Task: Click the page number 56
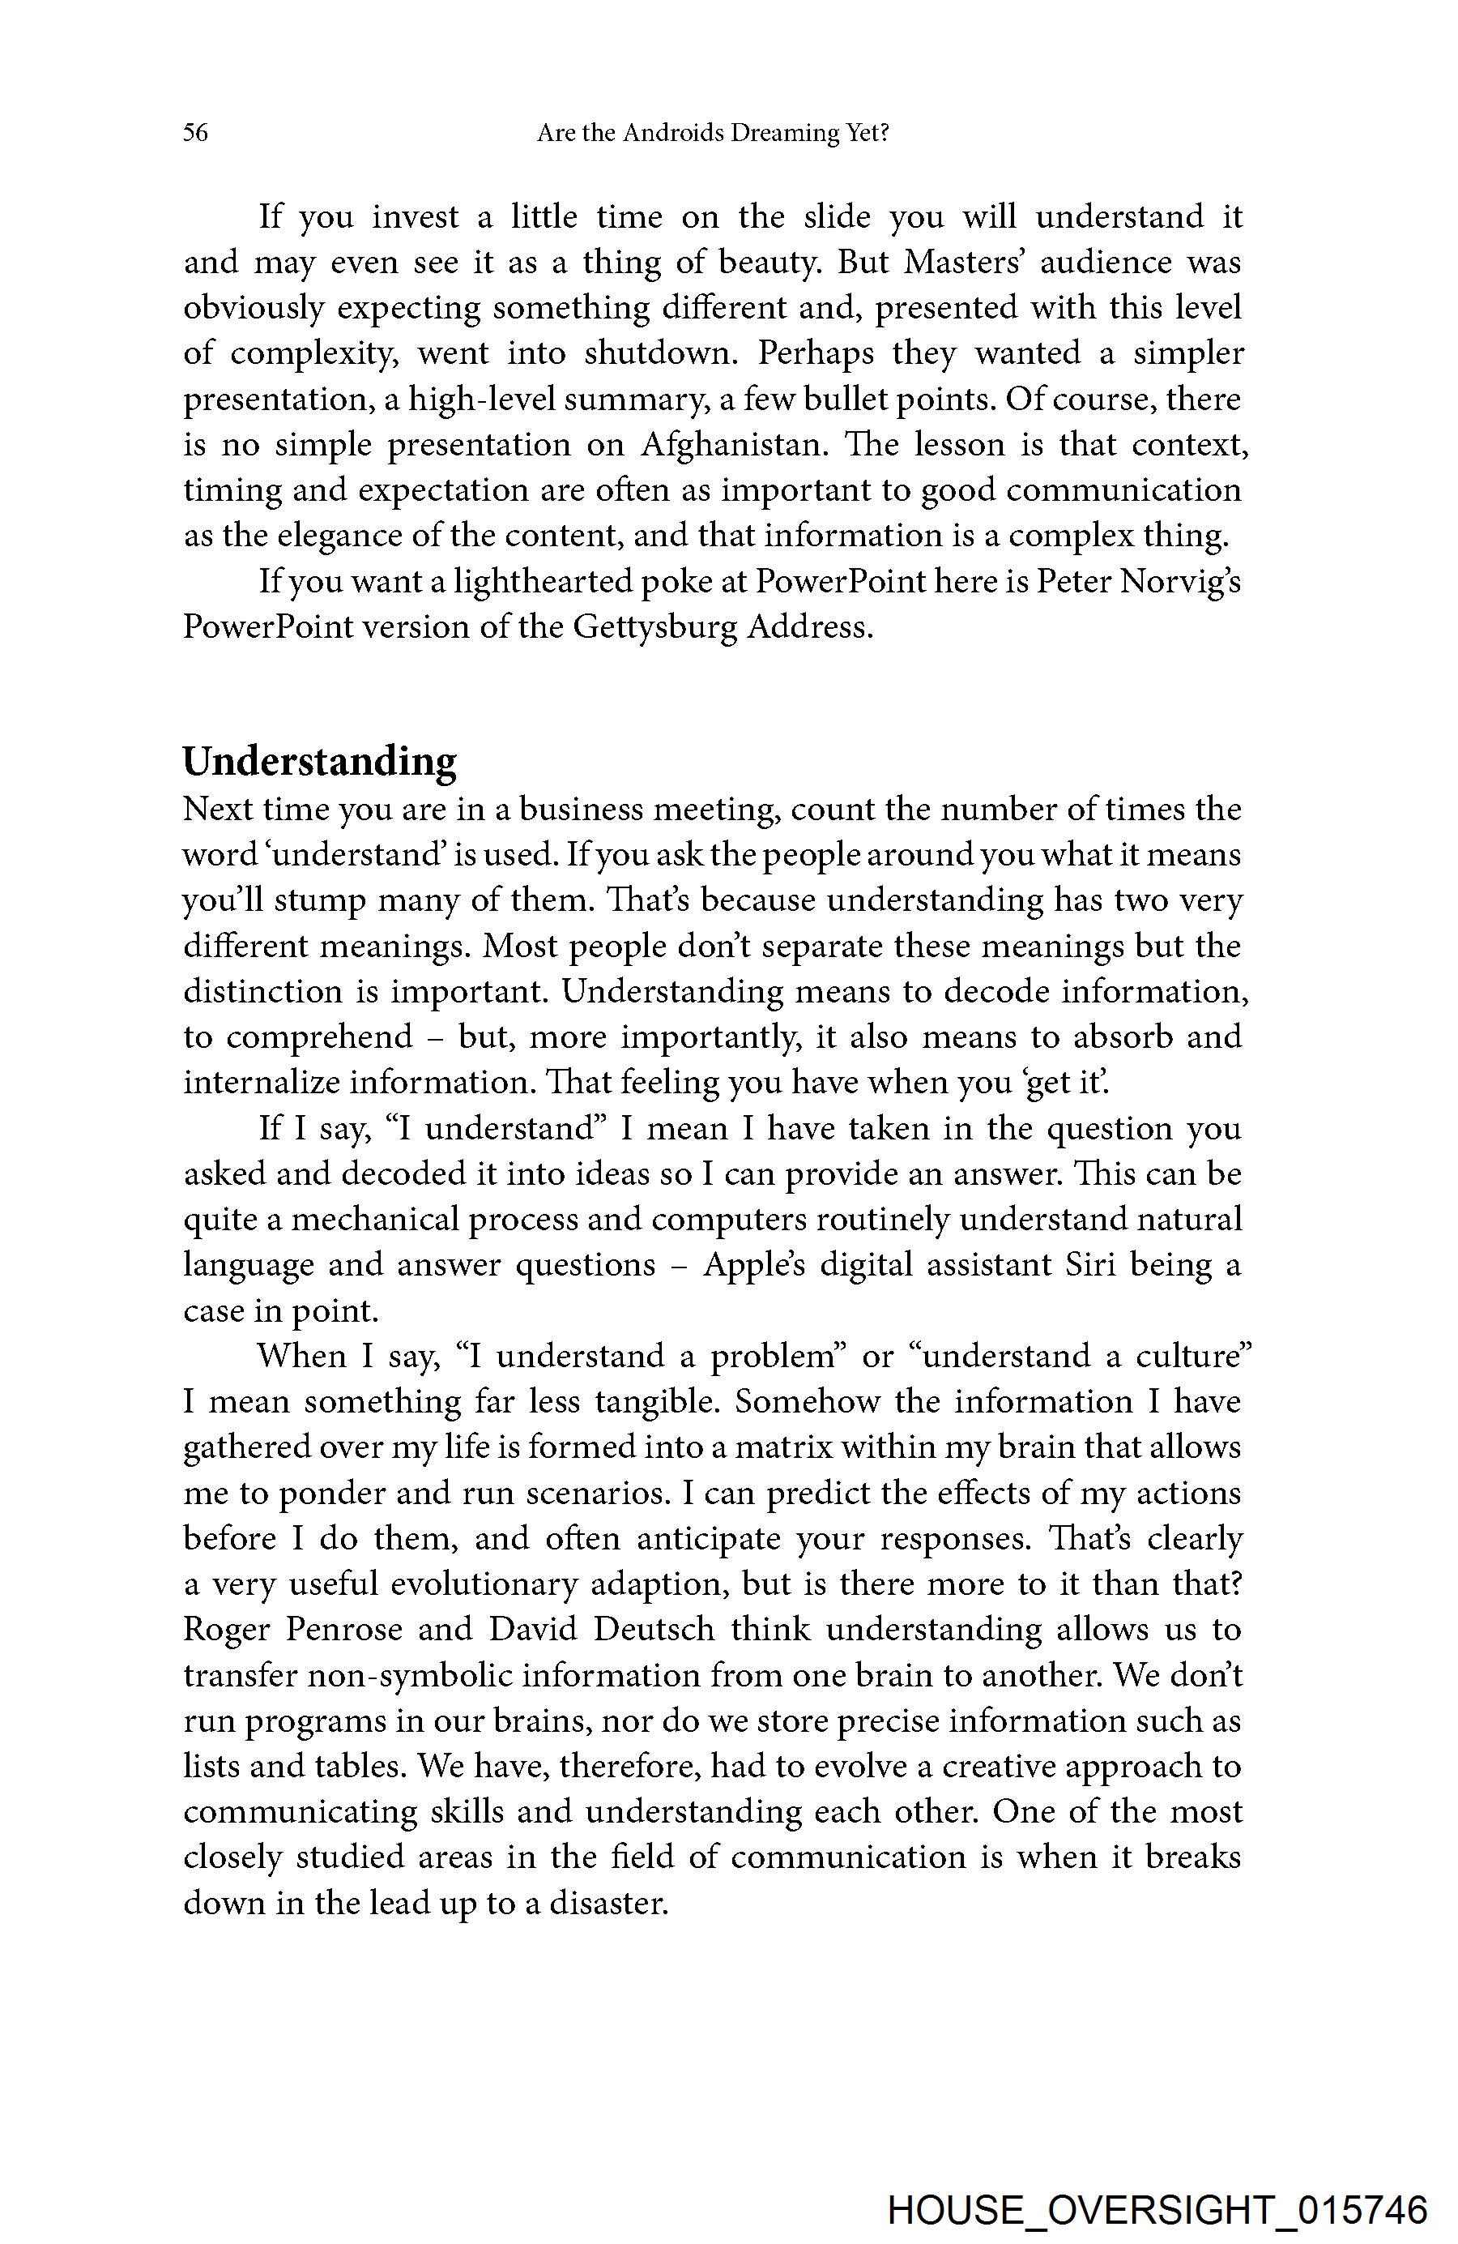coord(195,133)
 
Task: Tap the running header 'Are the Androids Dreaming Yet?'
coord(713,133)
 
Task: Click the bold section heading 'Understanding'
coord(319,761)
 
